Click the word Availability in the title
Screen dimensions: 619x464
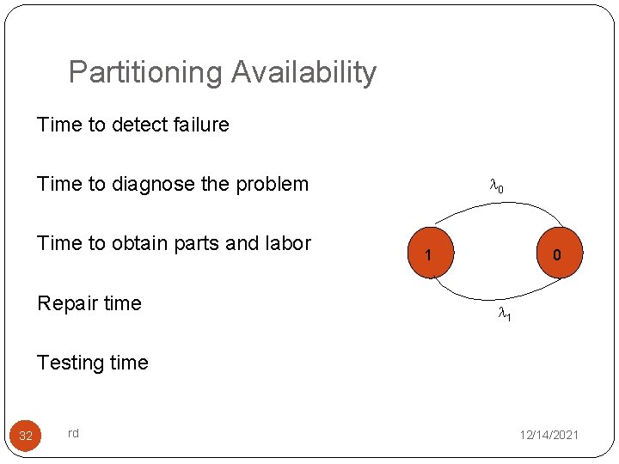[x=304, y=73]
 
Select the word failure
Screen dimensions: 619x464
[x=201, y=125]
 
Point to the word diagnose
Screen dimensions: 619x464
[x=160, y=184]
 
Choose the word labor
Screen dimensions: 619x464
[x=289, y=243]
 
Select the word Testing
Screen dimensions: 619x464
[x=70, y=363]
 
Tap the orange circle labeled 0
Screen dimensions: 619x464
[x=557, y=254]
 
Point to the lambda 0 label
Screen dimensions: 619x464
[x=496, y=186]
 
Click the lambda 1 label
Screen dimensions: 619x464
[x=506, y=316]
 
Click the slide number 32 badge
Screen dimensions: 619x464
[x=26, y=436]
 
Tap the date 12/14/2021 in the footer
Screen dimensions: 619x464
[x=549, y=436]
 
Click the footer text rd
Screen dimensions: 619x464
[x=73, y=433]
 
